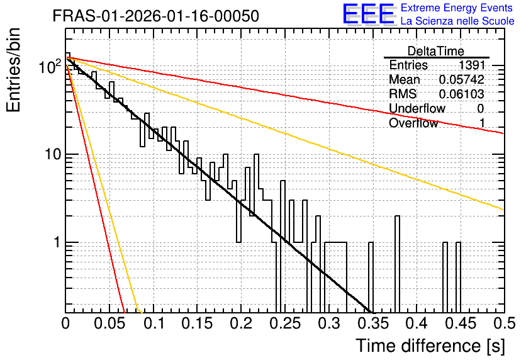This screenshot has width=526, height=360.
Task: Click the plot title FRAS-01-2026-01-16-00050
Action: click(x=155, y=16)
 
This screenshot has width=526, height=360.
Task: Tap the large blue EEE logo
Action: click(x=369, y=14)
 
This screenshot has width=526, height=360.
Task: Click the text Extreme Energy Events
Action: click(x=457, y=8)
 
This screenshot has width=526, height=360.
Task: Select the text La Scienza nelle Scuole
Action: click(x=457, y=21)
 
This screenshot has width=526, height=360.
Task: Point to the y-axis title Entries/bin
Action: click(x=14, y=70)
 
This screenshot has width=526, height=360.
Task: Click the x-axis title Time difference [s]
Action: click(x=430, y=346)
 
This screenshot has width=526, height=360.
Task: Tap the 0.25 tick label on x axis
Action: click(x=285, y=323)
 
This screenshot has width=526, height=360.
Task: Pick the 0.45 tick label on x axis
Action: click(x=461, y=323)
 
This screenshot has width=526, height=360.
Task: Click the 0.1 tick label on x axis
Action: click(x=155, y=323)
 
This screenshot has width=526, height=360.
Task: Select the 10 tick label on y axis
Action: click(x=53, y=154)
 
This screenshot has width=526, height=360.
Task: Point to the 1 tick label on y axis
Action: click(x=57, y=242)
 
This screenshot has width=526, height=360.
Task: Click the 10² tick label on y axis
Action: click(x=50, y=66)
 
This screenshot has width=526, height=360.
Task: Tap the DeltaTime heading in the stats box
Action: click(x=435, y=51)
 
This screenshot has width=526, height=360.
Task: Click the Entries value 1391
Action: click(x=471, y=65)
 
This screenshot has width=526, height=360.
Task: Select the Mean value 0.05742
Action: click(x=462, y=79)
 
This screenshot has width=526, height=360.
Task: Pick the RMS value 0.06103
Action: click(x=462, y=94)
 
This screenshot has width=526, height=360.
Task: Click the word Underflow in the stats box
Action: click(x=417, y=108)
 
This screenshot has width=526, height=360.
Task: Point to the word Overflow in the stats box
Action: click(x=413, y=123)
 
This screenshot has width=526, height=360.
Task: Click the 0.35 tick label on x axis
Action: click(x=373, y=323)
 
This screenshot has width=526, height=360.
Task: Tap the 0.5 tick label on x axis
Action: click(x=505, y=323)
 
